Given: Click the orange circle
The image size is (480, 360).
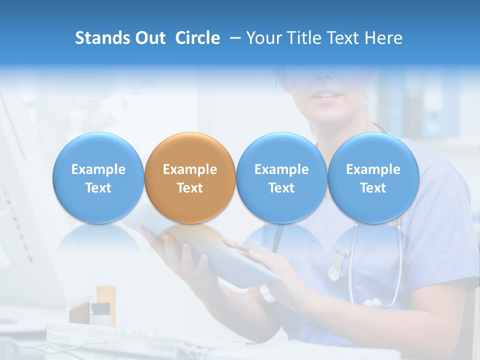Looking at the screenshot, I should tap(189, 177).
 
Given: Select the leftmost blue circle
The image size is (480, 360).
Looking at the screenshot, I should tap(98, 177).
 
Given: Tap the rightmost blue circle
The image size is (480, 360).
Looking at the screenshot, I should tap(373, 177).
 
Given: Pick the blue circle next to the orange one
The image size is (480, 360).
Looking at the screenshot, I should tap(281, 177).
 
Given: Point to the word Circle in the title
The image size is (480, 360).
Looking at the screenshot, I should tap(197, 38).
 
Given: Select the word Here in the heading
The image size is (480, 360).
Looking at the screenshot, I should tap(383, 38).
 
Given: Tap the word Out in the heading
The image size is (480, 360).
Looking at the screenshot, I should tap(150, 38).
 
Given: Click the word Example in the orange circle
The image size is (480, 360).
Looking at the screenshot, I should tap(189, 169).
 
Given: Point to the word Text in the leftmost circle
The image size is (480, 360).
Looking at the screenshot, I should tap(98, 188).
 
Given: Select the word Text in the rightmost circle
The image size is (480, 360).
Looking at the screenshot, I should tap(373, 188).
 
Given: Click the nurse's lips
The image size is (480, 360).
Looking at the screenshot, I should tap(327, 95).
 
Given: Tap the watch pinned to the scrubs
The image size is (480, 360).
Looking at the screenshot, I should tap(335, 270).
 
